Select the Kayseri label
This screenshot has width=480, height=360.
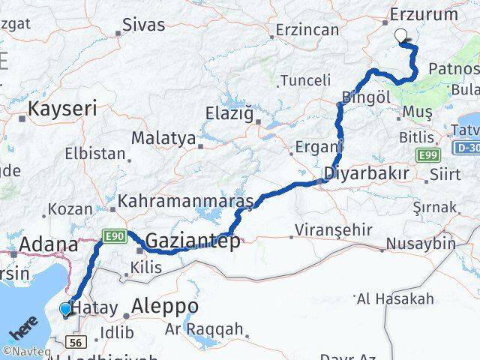coord(62,109)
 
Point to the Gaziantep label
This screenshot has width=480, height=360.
coord(193,241)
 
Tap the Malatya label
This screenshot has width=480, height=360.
coord(163,139)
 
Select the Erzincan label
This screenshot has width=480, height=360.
coord(307,30)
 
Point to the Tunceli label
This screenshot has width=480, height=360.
coord(305,80)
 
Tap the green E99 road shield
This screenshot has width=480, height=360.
coord(428,154)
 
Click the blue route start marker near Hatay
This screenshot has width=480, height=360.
coord(66,309)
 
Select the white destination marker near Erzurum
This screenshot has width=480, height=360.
coord(401,34)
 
